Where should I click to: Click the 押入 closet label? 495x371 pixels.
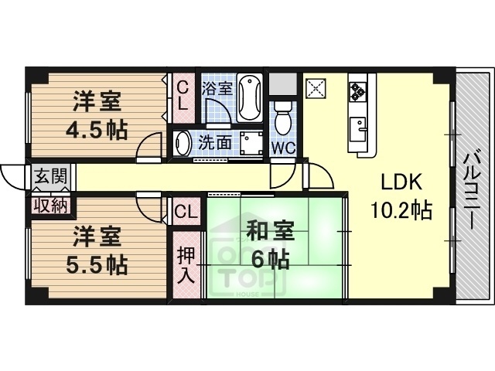coord(186,264)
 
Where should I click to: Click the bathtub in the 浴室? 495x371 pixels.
coord(251,97)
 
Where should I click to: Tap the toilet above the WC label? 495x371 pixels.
coord(284,116)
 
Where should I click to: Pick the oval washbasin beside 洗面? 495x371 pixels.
coord(183,143)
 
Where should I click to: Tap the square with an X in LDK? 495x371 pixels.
coord(316,88)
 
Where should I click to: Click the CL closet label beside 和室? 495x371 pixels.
coord(186,211)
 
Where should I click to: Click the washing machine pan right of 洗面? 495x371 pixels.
coord(251,142)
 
